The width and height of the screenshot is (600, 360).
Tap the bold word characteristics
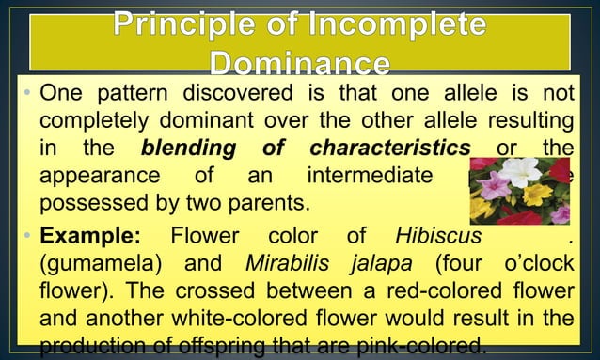pos(389,149)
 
